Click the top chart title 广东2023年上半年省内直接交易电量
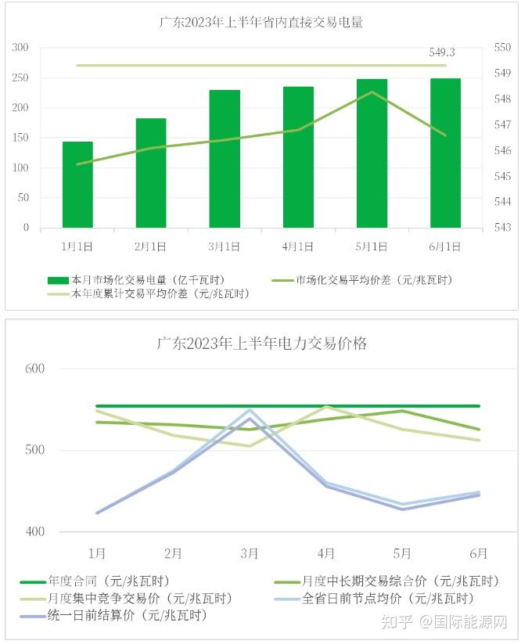261,23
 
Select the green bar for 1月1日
77,185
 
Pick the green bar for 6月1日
445,153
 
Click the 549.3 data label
442,52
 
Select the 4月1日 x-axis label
297,246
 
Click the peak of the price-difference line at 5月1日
372,92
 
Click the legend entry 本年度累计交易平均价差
149,294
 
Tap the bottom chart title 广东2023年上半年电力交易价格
261,343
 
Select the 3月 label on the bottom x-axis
250,553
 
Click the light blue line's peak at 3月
250,409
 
